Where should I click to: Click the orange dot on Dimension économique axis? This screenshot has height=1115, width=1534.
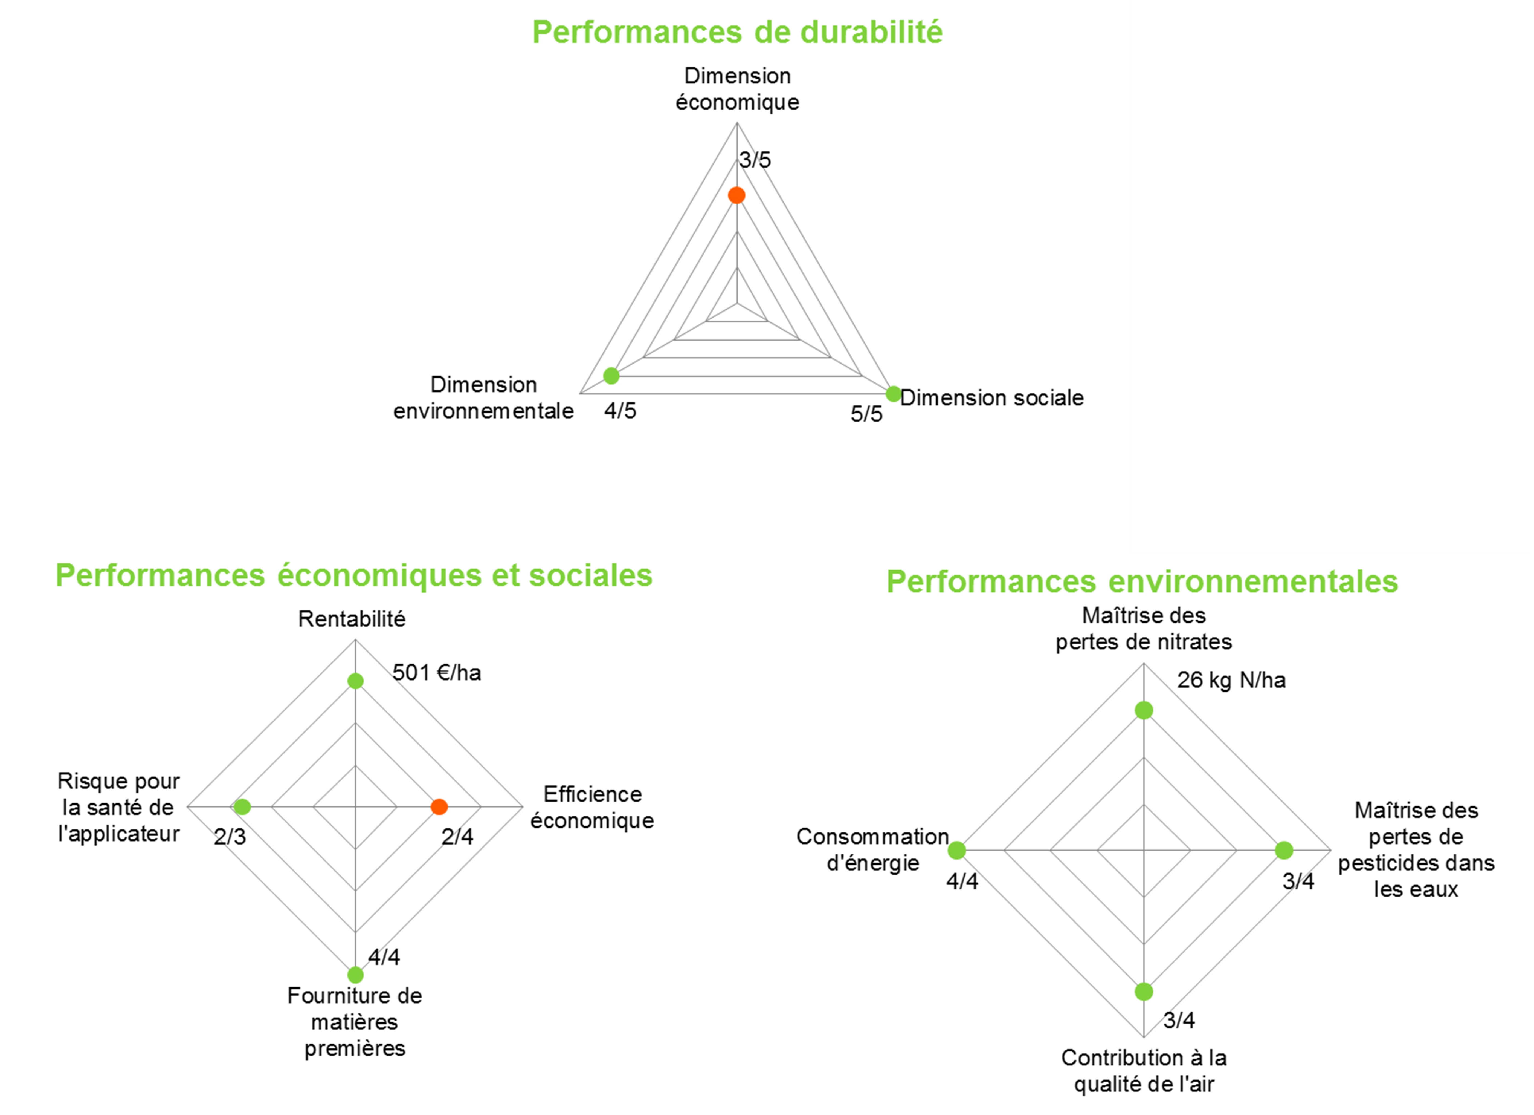point(736,195)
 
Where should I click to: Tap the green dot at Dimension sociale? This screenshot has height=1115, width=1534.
point(894,394)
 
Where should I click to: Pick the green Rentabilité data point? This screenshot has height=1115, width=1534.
point(355,681)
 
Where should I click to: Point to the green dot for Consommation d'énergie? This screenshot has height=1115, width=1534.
point(956,851)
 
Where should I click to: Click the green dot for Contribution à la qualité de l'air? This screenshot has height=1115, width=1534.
point(1144,992)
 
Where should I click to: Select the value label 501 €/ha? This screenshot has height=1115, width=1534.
point(436,673)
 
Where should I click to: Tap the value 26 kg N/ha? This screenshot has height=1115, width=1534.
point(1231,680)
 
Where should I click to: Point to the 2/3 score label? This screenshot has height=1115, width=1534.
point(230,837)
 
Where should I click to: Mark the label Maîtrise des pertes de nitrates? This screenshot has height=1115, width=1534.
point(1144,629)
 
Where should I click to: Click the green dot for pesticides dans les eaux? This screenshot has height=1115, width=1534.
point(1284,851)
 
